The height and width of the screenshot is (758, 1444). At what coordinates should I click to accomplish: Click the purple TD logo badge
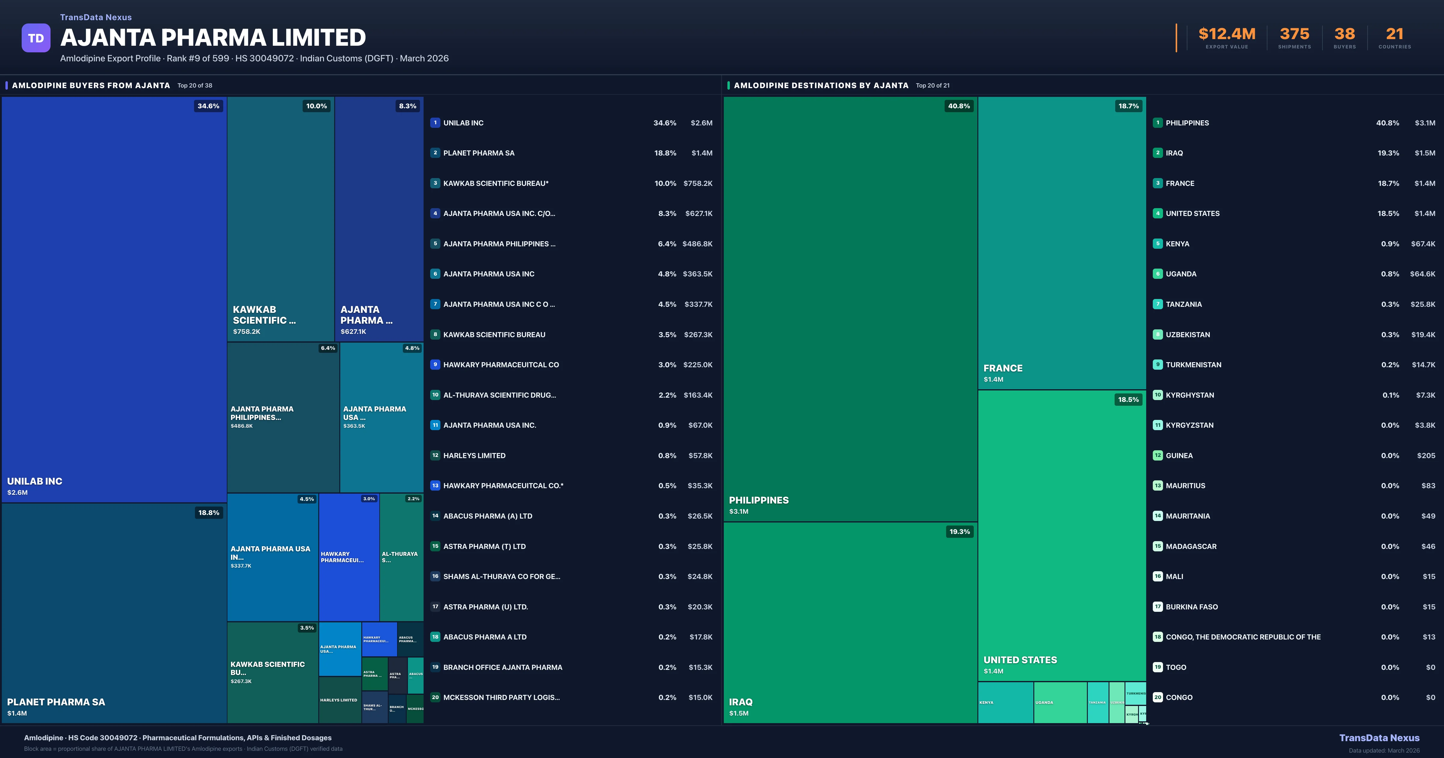pyautogui.click(x=36, y=38)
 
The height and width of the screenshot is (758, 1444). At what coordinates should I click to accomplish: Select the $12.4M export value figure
pyautogui.click(x=1226, y=34)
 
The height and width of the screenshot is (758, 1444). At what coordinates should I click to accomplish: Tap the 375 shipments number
pyautogui.click(x=1294, y=34)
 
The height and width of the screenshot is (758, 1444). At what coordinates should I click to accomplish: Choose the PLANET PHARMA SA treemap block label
pyautogui.click(x=56, y=702)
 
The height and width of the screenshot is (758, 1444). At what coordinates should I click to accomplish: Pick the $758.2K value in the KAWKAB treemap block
pyautogui.click(x=247, y=332)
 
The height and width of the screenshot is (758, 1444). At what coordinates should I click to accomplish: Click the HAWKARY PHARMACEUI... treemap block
pyautogui.click(x=349, y=557)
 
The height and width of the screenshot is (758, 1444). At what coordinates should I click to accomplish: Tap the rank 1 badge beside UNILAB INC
pyautogui.click(x=435, y=123)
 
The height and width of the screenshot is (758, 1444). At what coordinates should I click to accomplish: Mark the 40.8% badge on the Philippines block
pyautogui.click(x=958, y=106)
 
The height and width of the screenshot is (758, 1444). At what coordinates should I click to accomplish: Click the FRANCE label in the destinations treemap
pyautogui.click(x=1003, y=368)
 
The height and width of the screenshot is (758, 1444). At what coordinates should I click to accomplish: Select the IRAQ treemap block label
pyautogui.click(x=740, y=702)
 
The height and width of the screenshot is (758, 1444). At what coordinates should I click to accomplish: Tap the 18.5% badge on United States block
pyautogui.click(x=1128, y=400)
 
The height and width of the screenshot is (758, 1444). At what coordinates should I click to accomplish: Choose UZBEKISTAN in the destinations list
pyautogui.click(x=1188, y=335)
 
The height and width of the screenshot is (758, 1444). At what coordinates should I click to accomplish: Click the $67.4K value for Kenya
pyautogui.click(x=1423, y=244)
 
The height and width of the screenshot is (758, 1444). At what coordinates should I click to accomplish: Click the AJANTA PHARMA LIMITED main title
pyautogui.click(x=213, y=38)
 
